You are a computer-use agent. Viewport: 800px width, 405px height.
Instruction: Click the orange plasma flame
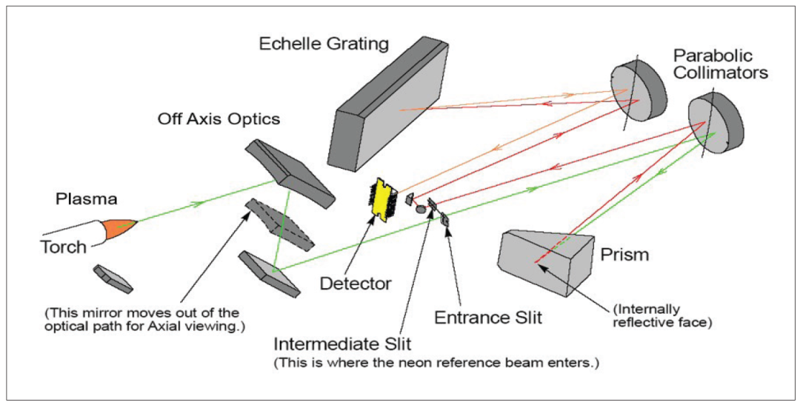pyautogui.click(x=121, y=230)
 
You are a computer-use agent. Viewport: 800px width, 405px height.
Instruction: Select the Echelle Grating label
pyautogui.click(x=324, y=44)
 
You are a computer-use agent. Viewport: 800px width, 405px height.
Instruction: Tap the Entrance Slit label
pyautogui.click(x=487, y=318)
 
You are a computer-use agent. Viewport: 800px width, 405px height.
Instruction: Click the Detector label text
pyautogui.click(x=356, y=282)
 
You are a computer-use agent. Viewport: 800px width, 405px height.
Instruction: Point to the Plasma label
pyautogui.click(x=86, y=199)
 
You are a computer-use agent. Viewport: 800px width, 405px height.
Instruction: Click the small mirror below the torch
pyautogui.click(x=113, y=278)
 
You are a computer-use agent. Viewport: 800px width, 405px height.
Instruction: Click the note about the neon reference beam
pyautogui.click(x=436, y=364)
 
